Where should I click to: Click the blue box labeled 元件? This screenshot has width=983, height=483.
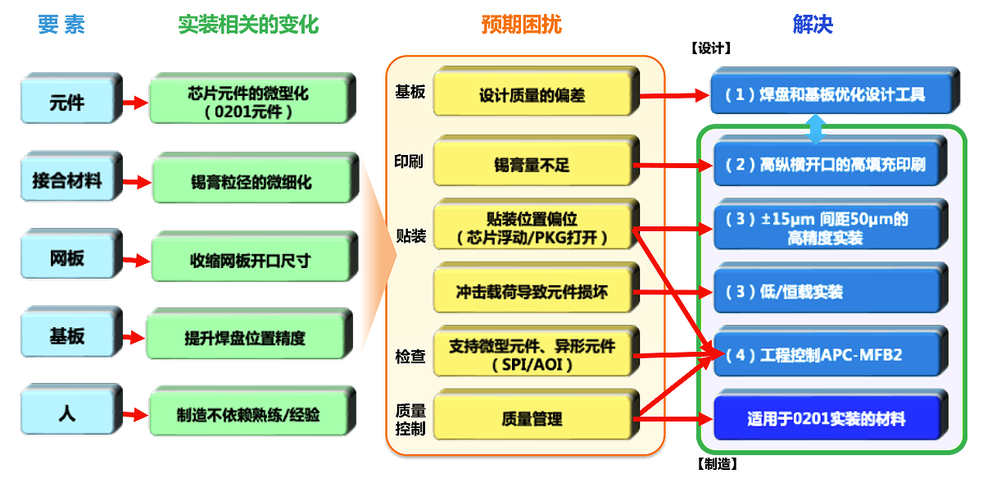[x=67, y=103]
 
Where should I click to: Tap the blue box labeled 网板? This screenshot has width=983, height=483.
[x=67, y=259]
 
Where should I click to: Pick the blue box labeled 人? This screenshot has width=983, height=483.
[x=67, y=414]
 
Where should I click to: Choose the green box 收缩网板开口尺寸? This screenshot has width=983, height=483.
[x=250, y=260]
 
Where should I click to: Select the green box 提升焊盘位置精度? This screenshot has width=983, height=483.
[x=250, y=337]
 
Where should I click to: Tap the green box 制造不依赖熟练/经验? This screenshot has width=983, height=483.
[x=250, y=415]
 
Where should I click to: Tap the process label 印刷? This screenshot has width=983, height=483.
[x=410, y=161]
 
